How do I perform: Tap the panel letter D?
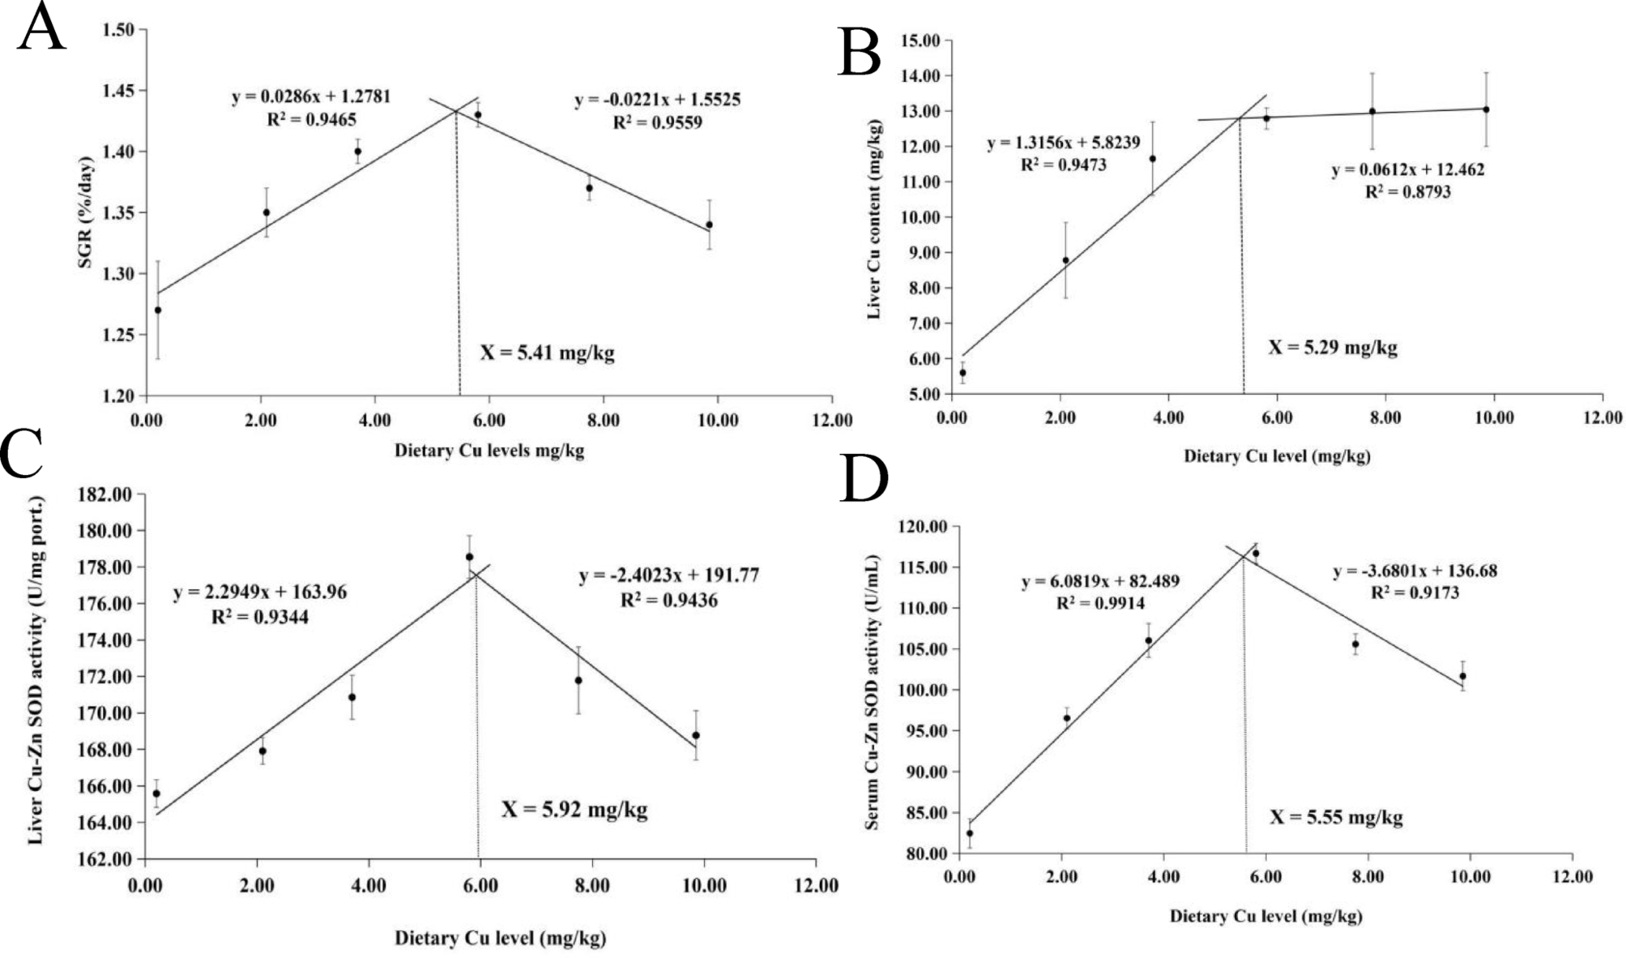pyautogui.click(x=864, y=480)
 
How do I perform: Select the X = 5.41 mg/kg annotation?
pyautogui.click(x=547, y=353)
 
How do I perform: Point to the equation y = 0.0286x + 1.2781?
pyautogui.click(x=311, y=97)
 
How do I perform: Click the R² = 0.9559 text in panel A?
pyautogui.click(x=657, y=122)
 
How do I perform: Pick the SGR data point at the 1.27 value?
pyautogui.click(x=158, y=310)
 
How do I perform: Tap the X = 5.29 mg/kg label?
pyautogui.click(x=1333, y=348)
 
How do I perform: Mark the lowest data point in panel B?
pyautogui.click(x=962, y=373)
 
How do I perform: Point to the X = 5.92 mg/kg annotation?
pyautogui.click(x=574, y=810)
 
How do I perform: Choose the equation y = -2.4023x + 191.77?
pyautogui.click(x=668, y=575)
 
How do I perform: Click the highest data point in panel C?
pyautogui.click(x=469, y=557)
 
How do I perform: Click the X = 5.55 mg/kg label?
pyautogui.click(x=1335, y=817)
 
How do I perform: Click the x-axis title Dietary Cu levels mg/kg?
pyautogui.click(x=489, y=451)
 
